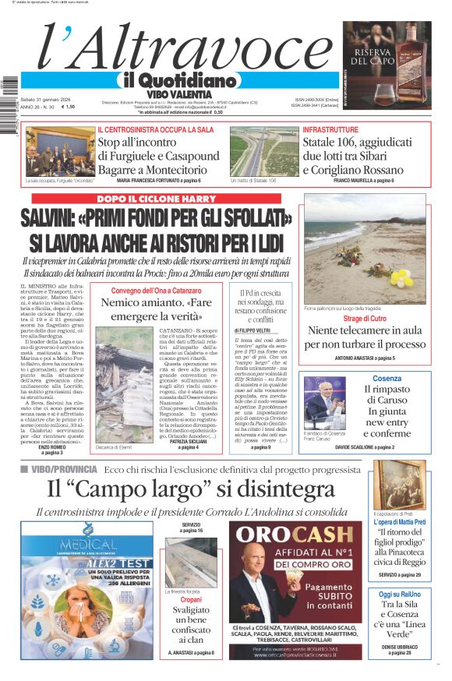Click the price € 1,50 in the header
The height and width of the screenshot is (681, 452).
(68, 107)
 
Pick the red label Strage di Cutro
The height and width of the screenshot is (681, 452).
(365, 319)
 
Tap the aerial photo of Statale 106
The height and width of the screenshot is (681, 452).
(263, 152)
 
